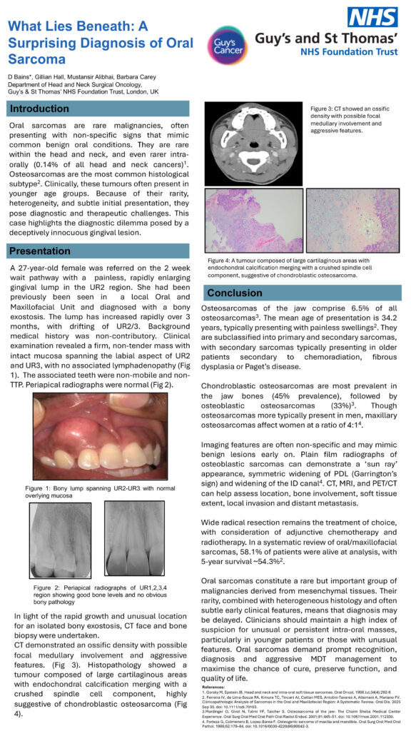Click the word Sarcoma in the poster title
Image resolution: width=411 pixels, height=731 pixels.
[34, 59]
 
